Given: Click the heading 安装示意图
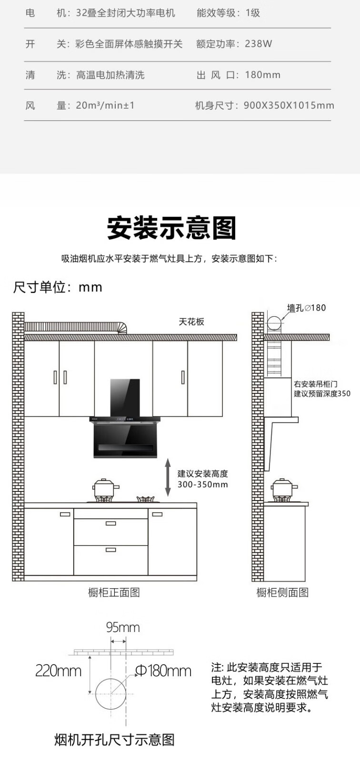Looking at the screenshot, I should (x=171, y=228).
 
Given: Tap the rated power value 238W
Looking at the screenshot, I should (x=259, y=44).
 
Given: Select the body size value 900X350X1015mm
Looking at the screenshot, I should (x=289, y=105).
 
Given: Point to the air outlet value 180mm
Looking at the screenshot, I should (x=262, y=75).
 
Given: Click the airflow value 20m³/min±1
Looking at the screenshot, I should (x=105, y=105).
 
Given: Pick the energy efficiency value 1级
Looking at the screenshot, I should (x=253, y=13).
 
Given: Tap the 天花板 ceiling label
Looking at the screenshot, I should (x=191, y=322).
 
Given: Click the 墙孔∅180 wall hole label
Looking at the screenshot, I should (x=306, y=308).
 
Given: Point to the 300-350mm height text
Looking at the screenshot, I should (x=202, y=485).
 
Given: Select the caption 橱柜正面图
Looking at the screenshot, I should (x=114, y=592).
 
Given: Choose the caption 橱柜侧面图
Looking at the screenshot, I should (x=282, y=592).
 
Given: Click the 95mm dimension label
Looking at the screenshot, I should (x=123, y=628).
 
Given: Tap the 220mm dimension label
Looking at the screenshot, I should (x=58, y=672).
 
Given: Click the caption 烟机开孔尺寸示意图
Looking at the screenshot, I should (x=114, y=740).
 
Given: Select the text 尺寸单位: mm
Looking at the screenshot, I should (x=58, y=287).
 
